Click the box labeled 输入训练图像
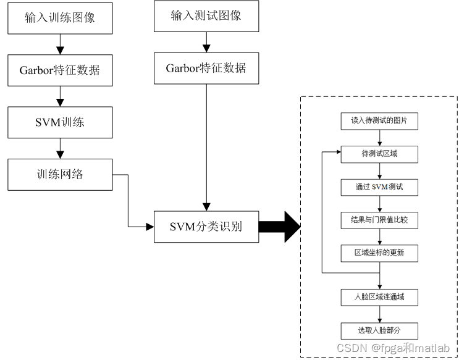pos(60,18)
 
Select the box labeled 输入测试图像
pos(206,16)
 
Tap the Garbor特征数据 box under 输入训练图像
pos(60,70)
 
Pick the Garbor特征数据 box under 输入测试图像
pos(206,68)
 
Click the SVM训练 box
pos(60,122)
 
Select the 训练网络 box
pos(60,174)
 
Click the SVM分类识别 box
pos(206,227)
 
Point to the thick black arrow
pos(279,227)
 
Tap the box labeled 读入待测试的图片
pos(379,121)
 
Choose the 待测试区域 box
pos(379,154)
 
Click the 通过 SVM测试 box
pos(379,186)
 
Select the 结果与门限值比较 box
pos(379,219)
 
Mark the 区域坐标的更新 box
pos(379,253)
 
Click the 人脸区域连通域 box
pos(379,297)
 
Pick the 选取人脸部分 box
pos(379,330)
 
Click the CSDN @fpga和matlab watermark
pos(393,348)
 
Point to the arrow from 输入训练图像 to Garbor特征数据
pos(60,44)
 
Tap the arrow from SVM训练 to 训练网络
pos(60,148)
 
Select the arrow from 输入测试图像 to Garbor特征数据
pos(206,42)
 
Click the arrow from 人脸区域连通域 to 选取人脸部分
pos(379,314)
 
